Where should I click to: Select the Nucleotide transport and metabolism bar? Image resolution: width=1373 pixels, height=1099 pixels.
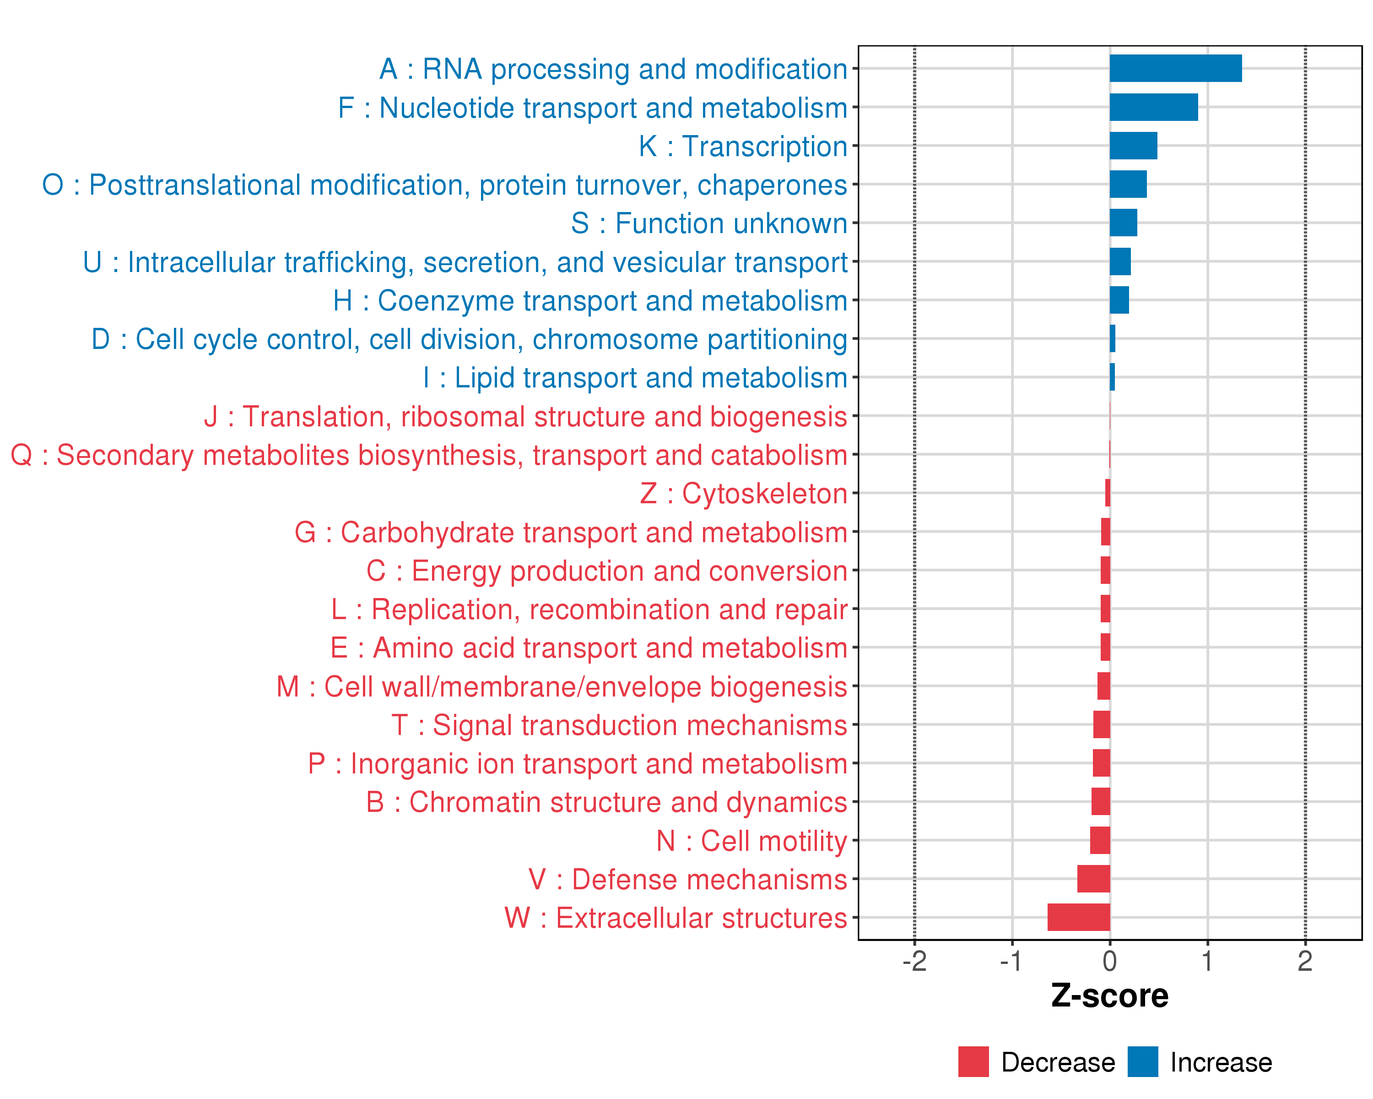click(1153, 107)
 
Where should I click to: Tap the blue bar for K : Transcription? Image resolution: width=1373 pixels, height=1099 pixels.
click(1133, 146)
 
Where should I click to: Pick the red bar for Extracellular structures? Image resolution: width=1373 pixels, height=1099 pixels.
click(1078, 917)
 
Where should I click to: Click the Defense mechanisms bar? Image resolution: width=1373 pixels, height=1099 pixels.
click(1093, 879)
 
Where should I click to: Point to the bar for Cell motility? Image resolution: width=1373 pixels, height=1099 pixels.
click(1099, 840)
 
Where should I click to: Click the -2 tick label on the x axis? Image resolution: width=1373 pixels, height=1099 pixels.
click(914, 961)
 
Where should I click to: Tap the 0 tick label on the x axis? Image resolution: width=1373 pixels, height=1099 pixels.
click(1109, 961)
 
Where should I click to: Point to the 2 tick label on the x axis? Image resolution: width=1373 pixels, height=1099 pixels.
click(1305, 961)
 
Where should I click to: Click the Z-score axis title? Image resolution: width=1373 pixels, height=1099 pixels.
click(1109, 996)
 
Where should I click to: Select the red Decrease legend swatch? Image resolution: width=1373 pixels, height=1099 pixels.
click(973, 1061)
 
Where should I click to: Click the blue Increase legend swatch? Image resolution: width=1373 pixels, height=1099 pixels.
click(1142, 1061)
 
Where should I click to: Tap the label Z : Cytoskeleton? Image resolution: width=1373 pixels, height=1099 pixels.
click(743, 494)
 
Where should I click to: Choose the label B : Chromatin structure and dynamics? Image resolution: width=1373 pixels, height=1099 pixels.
click(606, 802)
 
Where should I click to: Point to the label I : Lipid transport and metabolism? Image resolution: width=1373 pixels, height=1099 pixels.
click(635, 378)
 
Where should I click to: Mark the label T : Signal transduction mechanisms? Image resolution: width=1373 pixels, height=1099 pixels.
click(619, 725)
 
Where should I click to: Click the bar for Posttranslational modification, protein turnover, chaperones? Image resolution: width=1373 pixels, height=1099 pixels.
click(1128, 184)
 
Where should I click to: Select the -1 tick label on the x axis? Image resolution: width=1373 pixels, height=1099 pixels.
click(1011, 961)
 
